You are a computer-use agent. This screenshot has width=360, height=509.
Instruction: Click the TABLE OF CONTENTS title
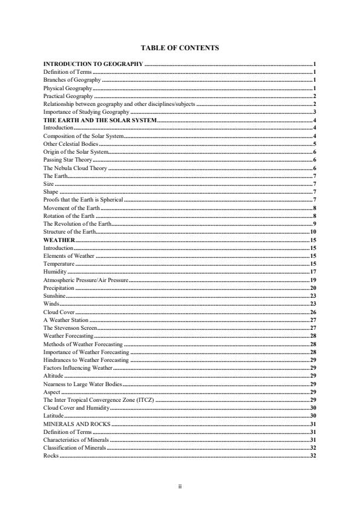[x=179, y=47]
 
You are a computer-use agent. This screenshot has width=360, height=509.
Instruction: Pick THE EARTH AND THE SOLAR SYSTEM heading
[x=100, y=121]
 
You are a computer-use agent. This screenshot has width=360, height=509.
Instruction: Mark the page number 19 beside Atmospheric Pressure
[x=313, y=281]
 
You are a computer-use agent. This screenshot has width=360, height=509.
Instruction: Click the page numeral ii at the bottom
[x=180, y=485]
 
